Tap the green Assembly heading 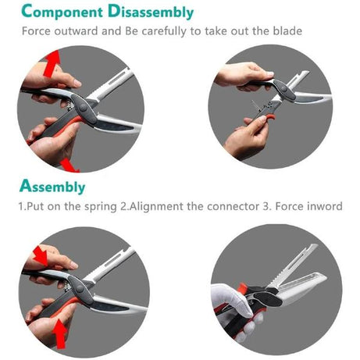coord(53,187)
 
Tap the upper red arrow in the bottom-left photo coord(38,254)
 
